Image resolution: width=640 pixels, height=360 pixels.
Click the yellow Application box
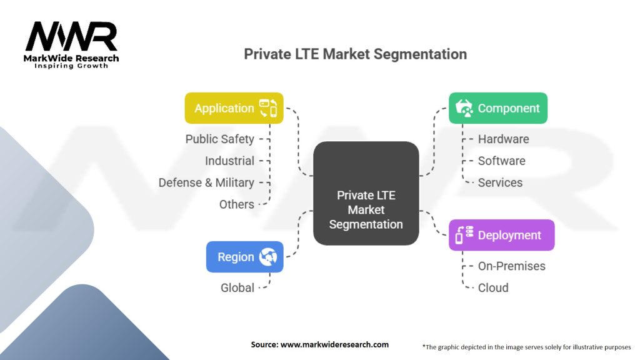[234, 108]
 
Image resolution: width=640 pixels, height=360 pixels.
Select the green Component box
[498, 108]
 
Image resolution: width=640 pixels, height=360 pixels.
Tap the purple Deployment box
[502, 235]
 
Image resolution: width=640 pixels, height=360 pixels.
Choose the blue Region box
[244, 257]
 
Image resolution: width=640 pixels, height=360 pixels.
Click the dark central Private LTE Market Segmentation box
[366, 194]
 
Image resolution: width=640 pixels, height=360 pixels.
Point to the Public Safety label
[219, 139]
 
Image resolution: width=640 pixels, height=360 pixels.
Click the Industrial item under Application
[229, 161]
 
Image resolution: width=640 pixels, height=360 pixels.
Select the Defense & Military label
[206, 182]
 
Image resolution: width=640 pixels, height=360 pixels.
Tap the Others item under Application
[237, 204]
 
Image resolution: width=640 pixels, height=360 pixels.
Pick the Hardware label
[503, 139]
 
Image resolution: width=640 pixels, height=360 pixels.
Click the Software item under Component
[502, 161]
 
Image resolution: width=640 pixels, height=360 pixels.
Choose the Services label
[500, 182]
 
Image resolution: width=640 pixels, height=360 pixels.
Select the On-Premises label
[511, 266]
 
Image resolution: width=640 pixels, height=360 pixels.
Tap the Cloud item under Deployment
[493, 287]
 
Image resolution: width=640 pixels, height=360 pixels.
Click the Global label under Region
[237, 287]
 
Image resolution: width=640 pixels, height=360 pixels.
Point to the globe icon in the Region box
[268, 257]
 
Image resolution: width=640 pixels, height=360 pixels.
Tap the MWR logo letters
[71, 36]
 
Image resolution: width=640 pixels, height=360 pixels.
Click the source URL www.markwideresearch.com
[334, 344]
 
